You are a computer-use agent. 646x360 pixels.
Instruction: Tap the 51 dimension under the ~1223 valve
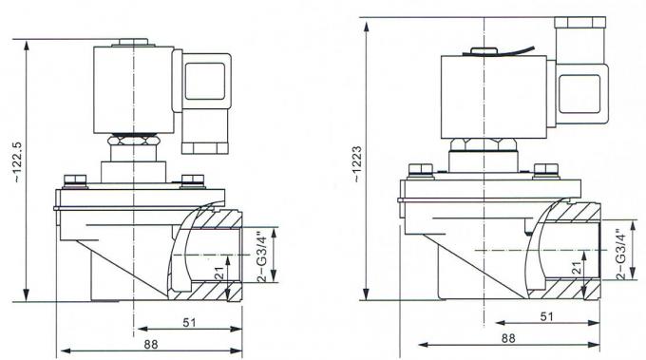(x=546, y=315)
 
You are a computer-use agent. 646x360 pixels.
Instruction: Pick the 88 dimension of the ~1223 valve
(x=507, y=337)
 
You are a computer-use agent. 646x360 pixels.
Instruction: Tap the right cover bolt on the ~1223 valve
(x=546, y=171)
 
